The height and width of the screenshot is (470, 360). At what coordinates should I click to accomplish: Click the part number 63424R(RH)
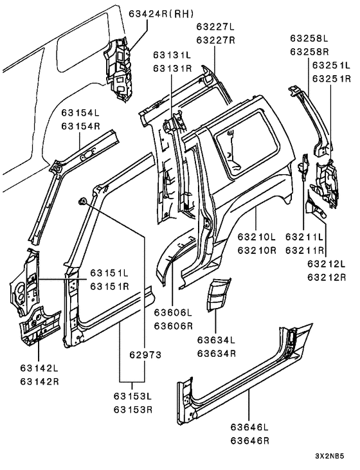(161, 14)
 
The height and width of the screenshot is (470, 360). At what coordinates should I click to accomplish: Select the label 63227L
(215, 26)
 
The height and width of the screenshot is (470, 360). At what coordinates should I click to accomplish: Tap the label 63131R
(172, 69)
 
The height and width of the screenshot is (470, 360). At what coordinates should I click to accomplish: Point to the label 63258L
(309, 39)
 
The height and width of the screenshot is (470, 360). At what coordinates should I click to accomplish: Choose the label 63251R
(332, 78)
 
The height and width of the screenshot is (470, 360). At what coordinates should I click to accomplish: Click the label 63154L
(80, 113)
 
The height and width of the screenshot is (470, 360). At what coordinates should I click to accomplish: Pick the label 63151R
(109, 286)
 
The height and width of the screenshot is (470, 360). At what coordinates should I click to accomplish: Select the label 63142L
(40, 368)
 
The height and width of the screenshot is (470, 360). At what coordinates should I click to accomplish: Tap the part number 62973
(145, 355)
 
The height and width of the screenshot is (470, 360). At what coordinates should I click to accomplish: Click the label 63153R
(133, 409)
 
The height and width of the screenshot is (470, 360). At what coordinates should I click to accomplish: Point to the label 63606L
(173, 312)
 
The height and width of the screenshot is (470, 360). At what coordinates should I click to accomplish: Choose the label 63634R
(217, 354)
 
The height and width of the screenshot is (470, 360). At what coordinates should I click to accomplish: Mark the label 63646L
(249, 426)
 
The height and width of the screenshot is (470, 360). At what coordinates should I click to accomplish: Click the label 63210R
(256, 250)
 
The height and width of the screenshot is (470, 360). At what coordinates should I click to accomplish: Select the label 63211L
(305, 237)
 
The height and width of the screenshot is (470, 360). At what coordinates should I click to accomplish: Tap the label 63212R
(327, 277)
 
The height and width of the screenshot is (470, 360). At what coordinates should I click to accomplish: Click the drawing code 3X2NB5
(329, 456)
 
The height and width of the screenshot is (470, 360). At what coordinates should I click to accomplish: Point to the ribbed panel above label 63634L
(218, 294)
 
